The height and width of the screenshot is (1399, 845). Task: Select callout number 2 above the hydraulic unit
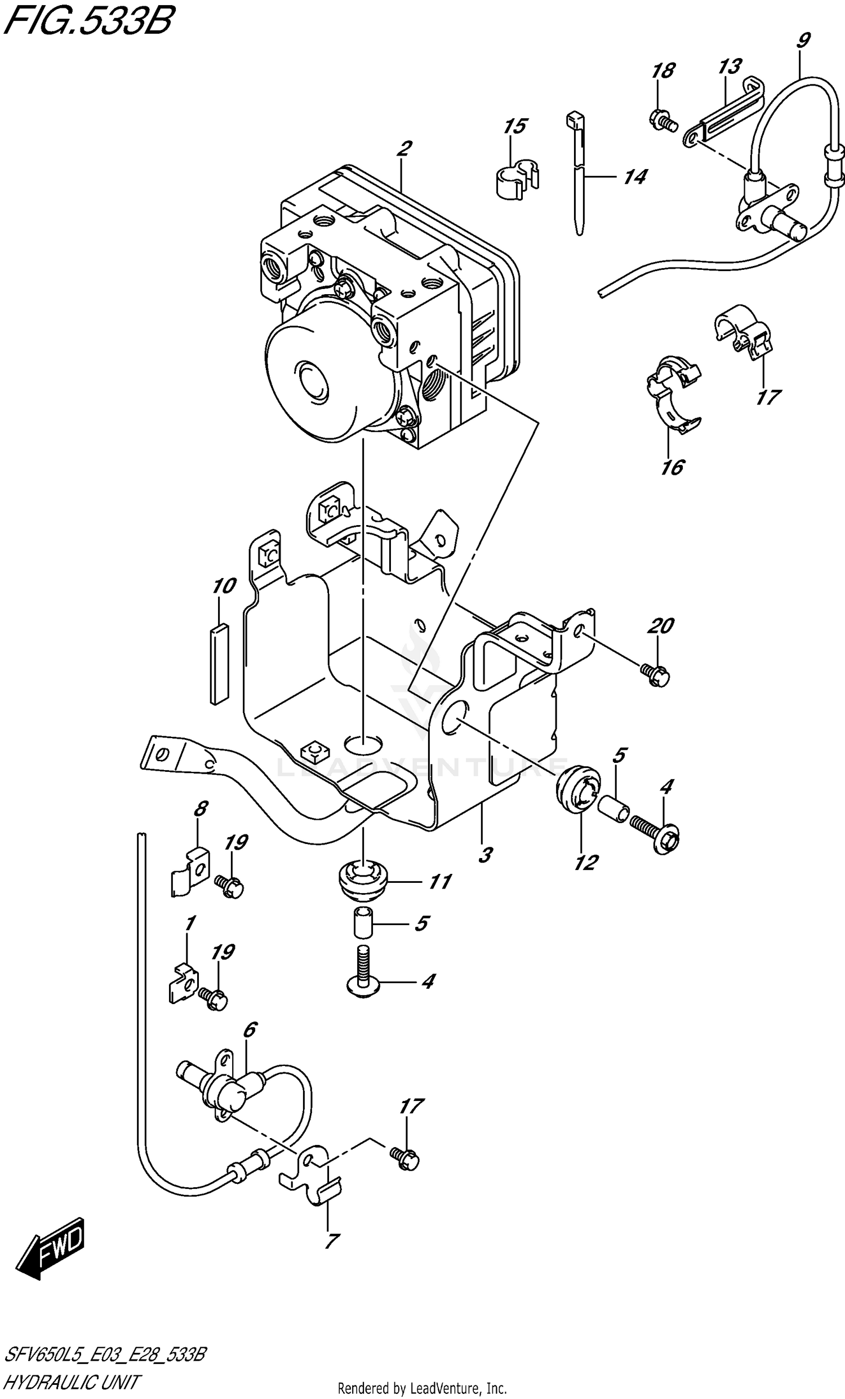pos(403,149)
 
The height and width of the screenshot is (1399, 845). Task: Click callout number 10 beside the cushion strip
pos(224,585)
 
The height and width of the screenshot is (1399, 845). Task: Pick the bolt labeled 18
pos(662,121)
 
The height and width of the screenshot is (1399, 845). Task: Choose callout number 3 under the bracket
pos(484,855)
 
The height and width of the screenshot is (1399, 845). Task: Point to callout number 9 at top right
pos(802,41)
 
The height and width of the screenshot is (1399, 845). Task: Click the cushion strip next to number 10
pos(219,664)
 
